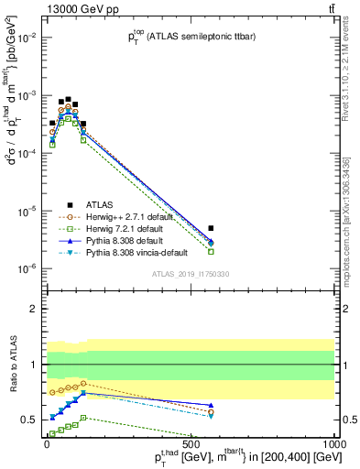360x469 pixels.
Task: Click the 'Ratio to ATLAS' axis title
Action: coord(11,365)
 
